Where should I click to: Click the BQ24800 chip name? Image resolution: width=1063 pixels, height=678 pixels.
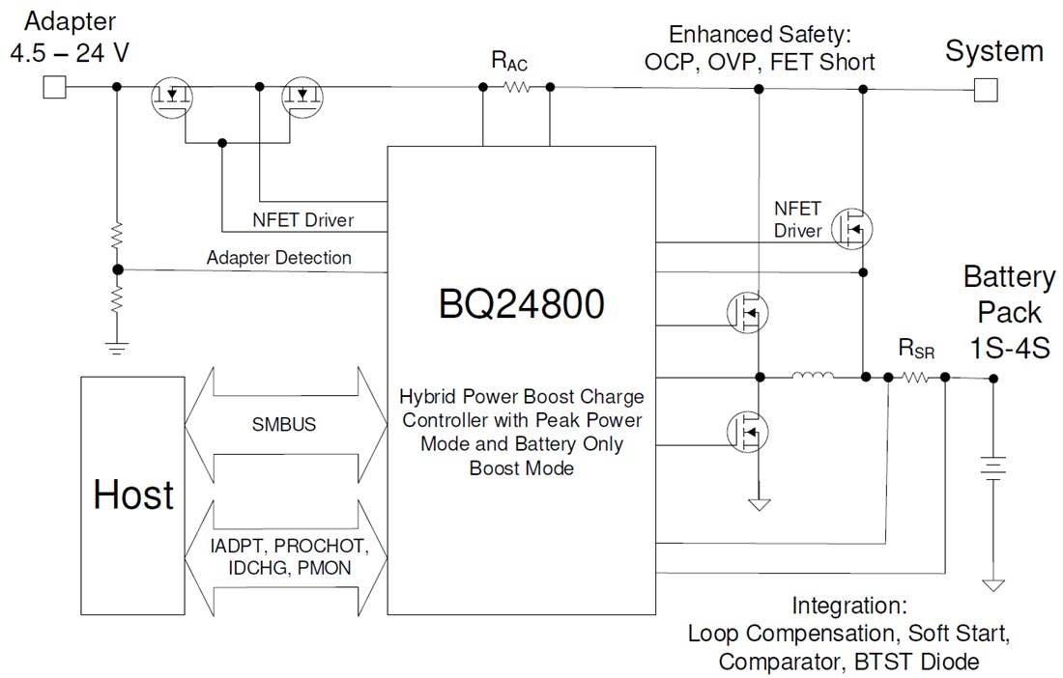521,305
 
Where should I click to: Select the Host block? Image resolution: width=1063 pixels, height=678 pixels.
133,494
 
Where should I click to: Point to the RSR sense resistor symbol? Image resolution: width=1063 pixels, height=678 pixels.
916,378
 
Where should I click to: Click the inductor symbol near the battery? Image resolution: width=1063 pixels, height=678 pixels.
811,377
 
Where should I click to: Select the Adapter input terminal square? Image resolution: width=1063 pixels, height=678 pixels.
54,88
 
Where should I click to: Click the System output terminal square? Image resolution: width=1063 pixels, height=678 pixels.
985,89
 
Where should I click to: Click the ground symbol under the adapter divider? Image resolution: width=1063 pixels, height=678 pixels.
117,348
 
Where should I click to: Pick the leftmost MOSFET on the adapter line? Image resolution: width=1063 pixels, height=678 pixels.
172,97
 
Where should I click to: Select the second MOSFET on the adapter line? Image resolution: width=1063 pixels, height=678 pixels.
302,97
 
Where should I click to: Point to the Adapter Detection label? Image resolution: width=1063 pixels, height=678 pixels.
279,258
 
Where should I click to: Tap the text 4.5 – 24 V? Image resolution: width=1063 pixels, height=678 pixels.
69,51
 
